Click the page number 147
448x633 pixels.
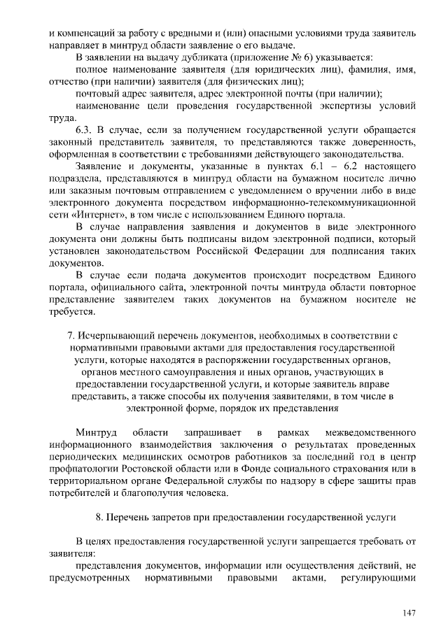click(x=409, y=613)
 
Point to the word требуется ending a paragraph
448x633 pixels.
click(x=72, y=311)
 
